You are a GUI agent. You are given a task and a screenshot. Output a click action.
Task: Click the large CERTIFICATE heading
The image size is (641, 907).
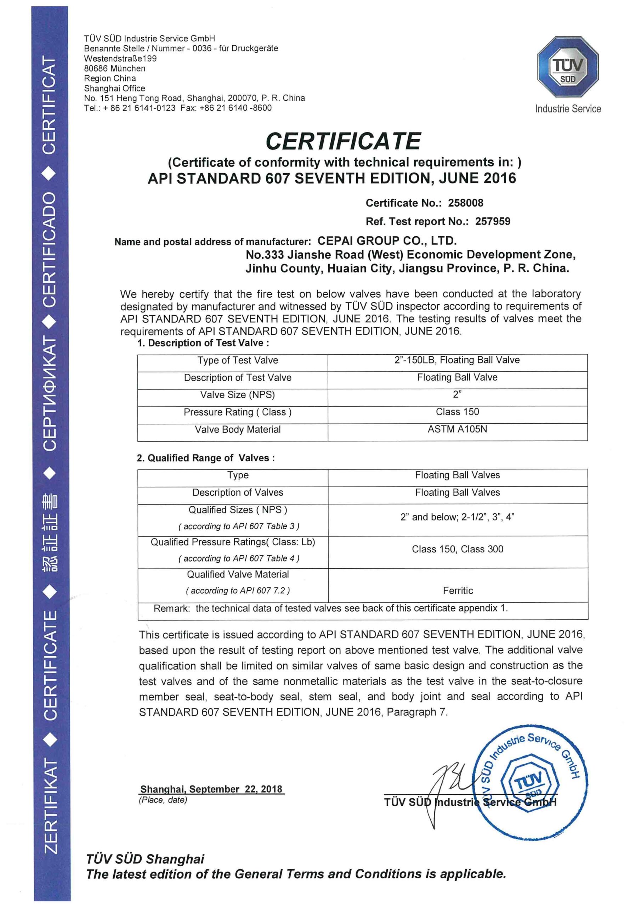pos(343,141)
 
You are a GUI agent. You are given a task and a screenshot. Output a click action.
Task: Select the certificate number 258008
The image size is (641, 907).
pos(465,203)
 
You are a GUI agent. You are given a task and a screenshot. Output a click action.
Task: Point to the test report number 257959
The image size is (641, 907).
pos(493,221)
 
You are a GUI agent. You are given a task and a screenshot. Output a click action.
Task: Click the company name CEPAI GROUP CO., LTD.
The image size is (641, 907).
pos(387,241)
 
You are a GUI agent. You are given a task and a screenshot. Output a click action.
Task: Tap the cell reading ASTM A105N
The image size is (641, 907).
pos(457,429)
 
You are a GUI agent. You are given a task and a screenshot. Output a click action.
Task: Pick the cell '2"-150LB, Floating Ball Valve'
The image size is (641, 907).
pos(457,360)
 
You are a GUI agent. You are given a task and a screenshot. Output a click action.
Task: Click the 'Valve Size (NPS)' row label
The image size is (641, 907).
pos(237,395)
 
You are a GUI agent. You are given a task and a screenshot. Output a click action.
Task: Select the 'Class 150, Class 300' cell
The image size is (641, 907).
pos(457,549)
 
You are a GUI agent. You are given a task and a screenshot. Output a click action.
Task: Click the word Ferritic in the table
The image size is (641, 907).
pos(458,590)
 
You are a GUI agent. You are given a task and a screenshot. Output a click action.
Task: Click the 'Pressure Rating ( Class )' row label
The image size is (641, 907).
pos(237,412)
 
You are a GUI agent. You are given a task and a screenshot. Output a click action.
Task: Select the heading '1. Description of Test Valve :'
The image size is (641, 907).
pos(203,343)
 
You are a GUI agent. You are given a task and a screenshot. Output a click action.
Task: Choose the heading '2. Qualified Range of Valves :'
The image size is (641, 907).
pos(205,458)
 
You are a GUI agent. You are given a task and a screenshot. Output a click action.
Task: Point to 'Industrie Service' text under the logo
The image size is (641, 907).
pos(568,109)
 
